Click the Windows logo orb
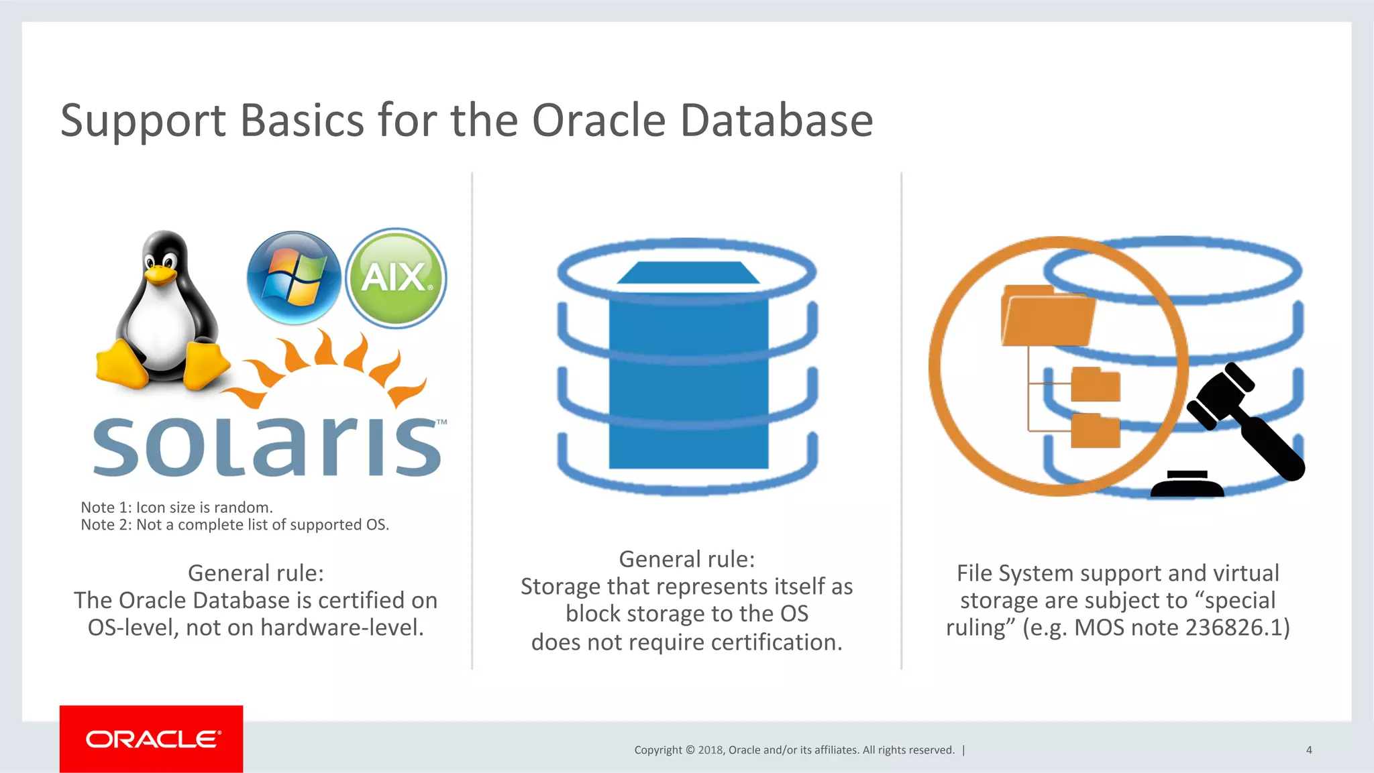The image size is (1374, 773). click(x=294, y=277)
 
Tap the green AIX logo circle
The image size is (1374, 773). click(x=396, y=277)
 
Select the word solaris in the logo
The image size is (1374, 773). click(x=267, y=446)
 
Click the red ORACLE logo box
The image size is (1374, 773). click(x=152, y=739)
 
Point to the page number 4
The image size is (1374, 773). click(x=1308, y=750)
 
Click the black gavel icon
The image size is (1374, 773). click(x=1241, y=422)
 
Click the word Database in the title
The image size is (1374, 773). click(x=776, y=121)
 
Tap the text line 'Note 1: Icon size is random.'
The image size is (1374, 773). click(x=176, y=508)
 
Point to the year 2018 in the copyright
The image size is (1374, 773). click(x=710, y=750)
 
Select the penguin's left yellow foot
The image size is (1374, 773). click(x=121, y=365)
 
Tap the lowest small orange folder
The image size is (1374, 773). click(x=1095, y=431)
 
